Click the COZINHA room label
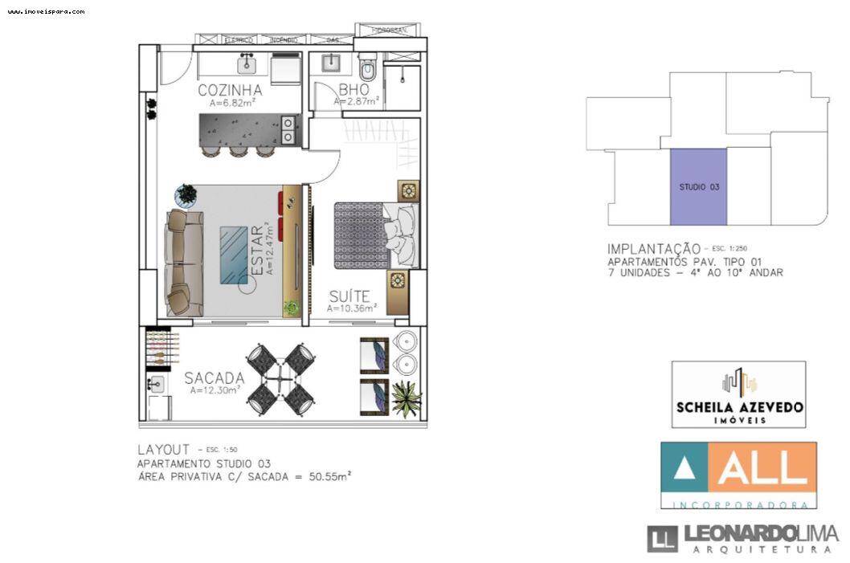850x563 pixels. coord(231,90)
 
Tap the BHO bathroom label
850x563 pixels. coord(354,90)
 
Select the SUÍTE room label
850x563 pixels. coord(349,296)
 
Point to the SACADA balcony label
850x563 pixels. coord(215,377)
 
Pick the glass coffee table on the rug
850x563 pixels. coord(234,255)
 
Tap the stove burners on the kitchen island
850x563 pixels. coord(288,129)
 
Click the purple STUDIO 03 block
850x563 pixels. coord(698,186)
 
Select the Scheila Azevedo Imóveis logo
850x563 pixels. coord(738,394)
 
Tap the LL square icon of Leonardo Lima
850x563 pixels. coord(663,538)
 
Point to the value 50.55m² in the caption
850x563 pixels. coord(332,476)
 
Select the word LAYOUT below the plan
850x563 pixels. coord(163,450)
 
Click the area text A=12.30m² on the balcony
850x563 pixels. coord(215,391)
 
